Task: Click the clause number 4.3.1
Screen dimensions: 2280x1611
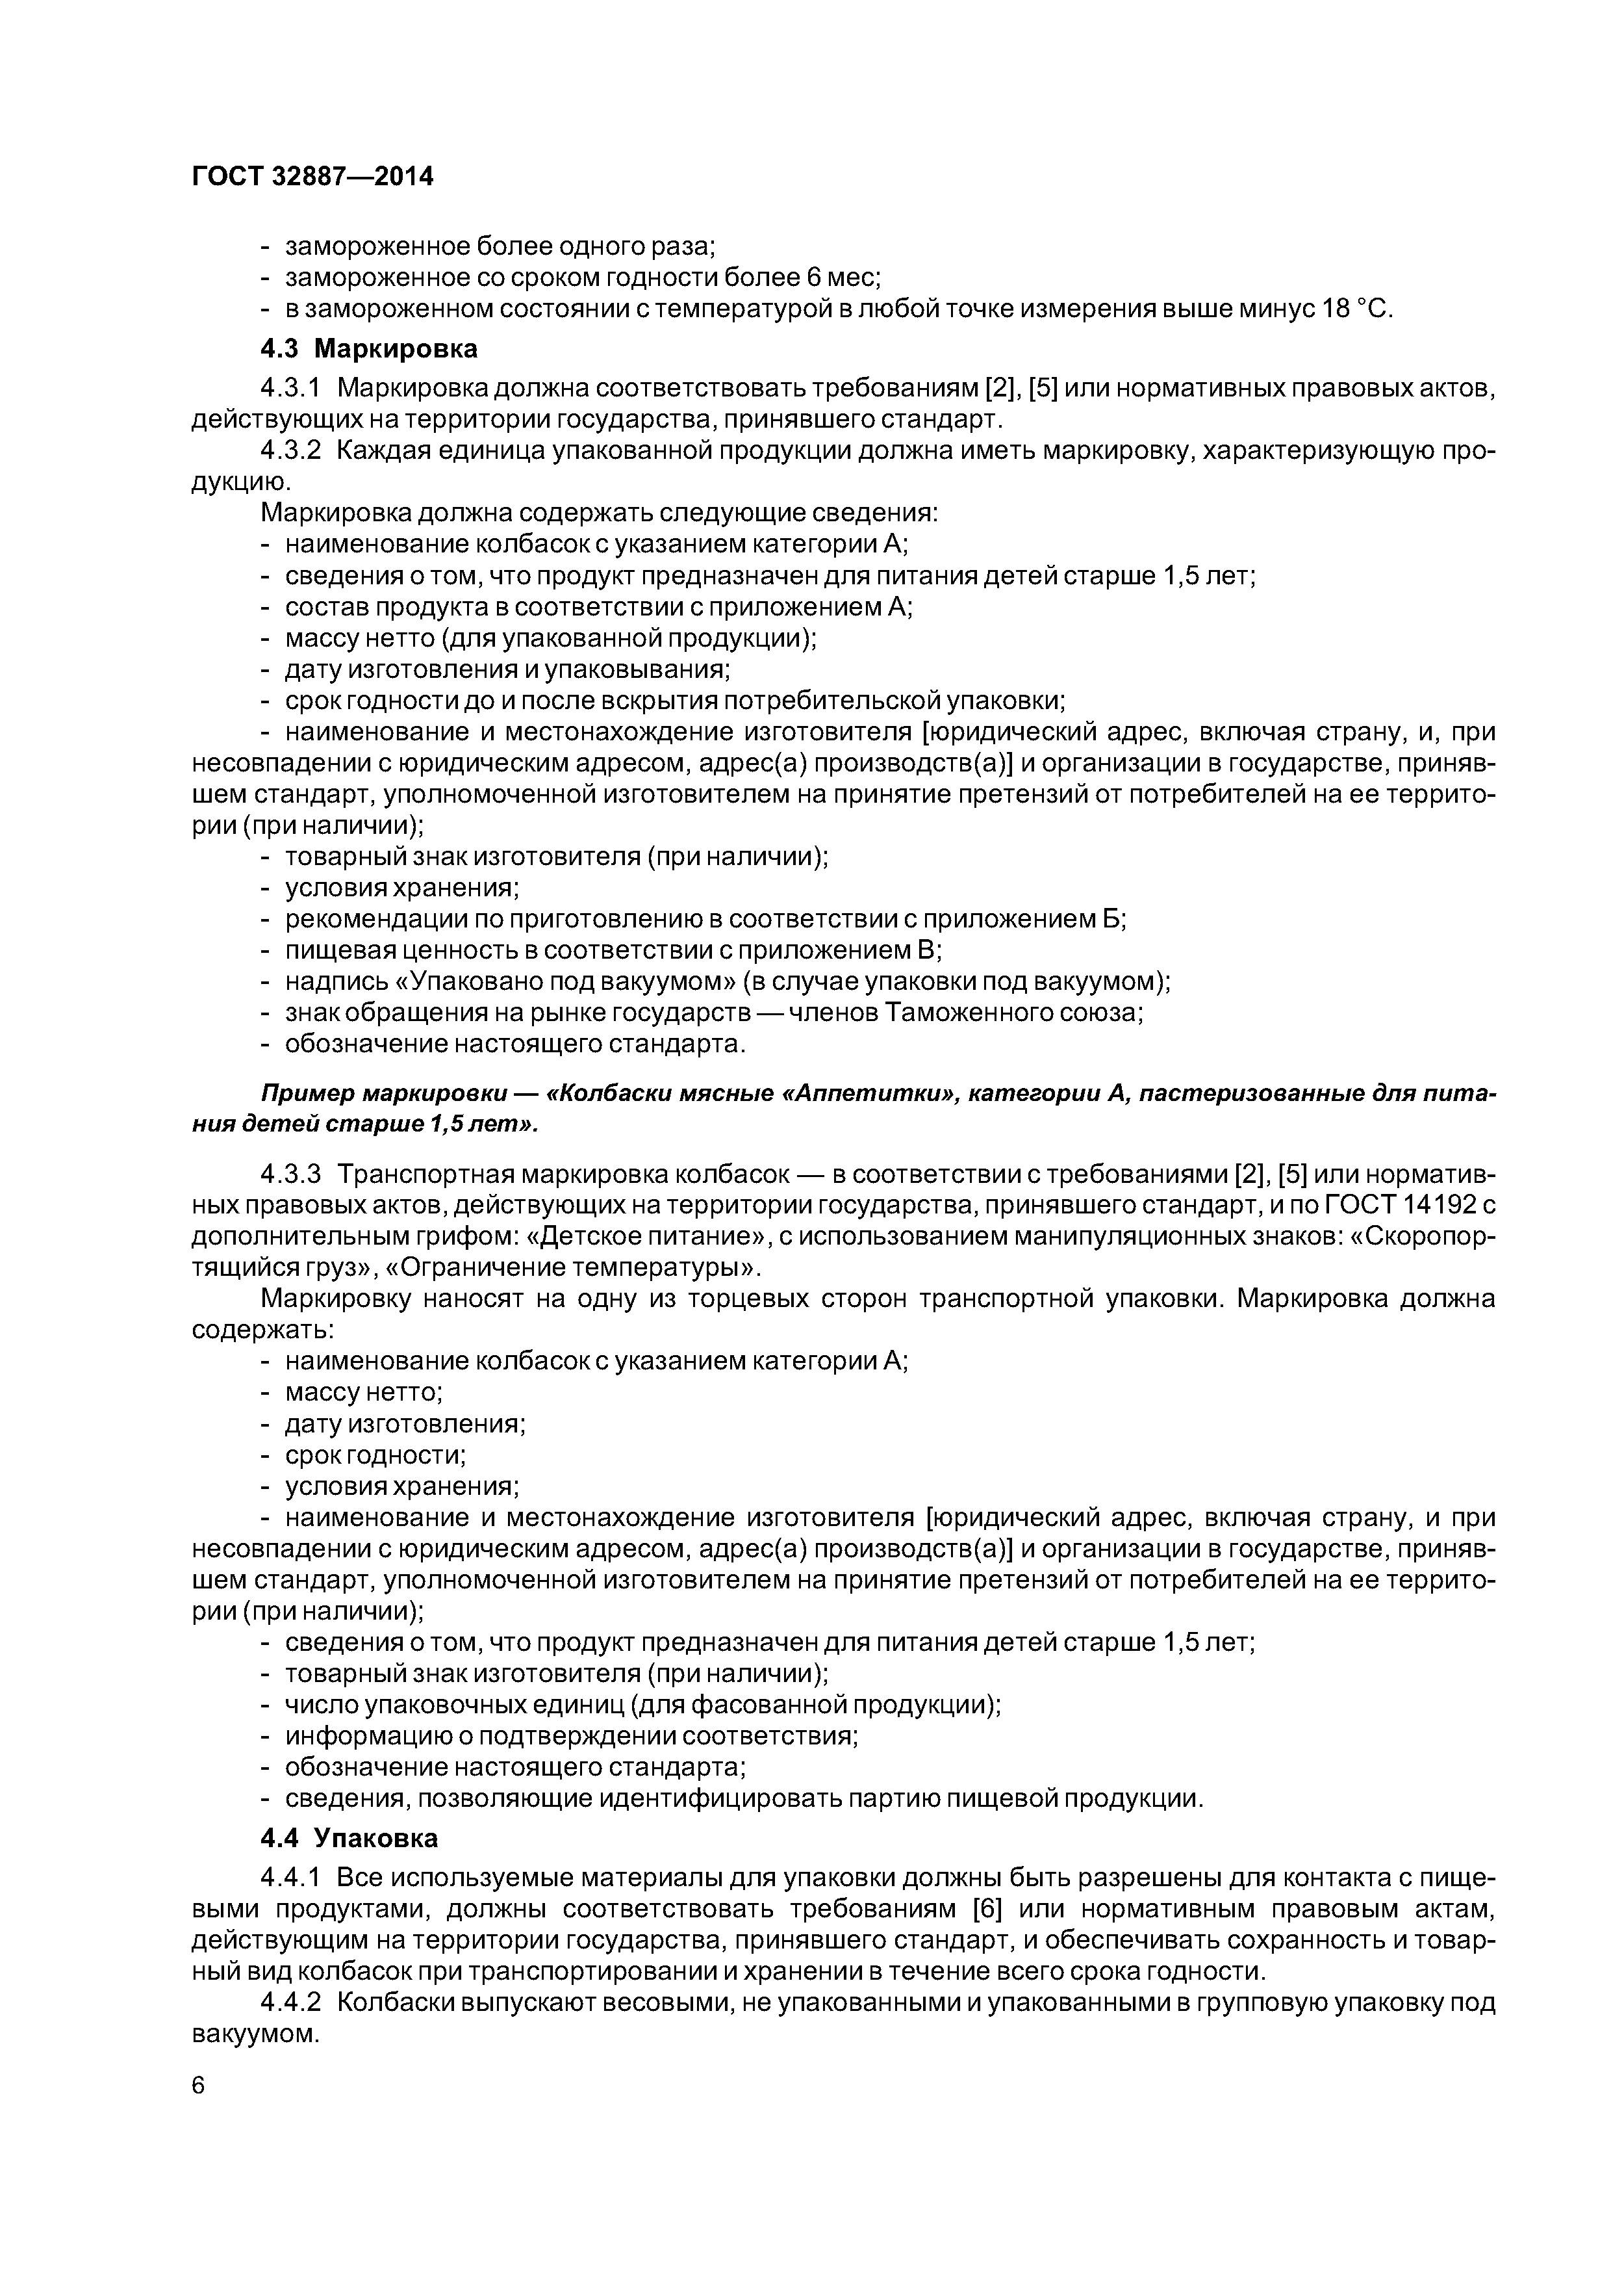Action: tap(291, 387)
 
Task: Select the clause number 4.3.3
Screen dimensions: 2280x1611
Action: tap(291, 1174)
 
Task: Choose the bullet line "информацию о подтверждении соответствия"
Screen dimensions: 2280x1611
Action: tap(571, 1736)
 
